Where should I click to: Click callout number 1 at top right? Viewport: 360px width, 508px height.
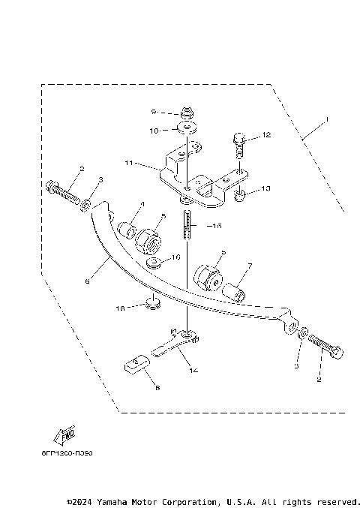point(327,120)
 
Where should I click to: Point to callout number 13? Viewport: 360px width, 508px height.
point(265,188)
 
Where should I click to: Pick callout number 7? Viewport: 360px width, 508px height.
point(250,265)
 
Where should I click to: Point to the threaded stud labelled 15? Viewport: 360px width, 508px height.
point(187,226)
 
